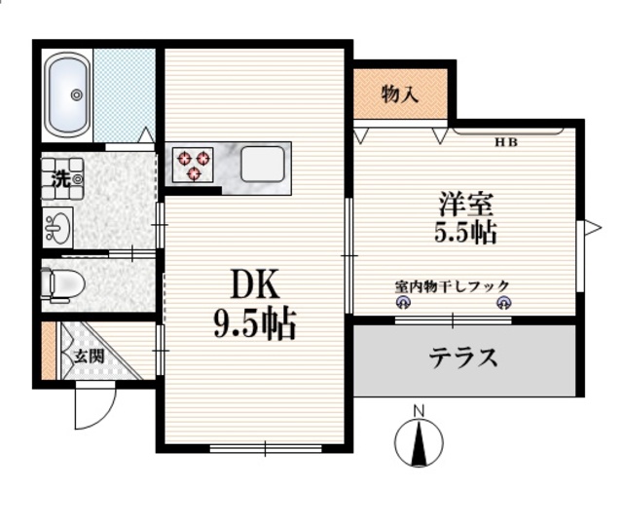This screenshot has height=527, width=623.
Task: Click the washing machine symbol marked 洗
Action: (x=60, y=178)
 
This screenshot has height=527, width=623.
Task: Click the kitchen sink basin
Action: (x=263, y=163)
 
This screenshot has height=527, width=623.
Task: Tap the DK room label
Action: (x=255, y=284)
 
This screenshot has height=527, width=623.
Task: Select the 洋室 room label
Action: (x=466, y=204)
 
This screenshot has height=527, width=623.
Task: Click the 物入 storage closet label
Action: (x=400, y=94)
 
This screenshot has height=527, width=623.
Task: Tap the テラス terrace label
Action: (x=464, y=358)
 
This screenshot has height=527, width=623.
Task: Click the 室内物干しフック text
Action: (x=452, y=286)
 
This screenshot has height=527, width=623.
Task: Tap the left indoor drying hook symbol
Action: (x=401, y=304)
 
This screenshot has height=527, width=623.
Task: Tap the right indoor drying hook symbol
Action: (x=503, y=304)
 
